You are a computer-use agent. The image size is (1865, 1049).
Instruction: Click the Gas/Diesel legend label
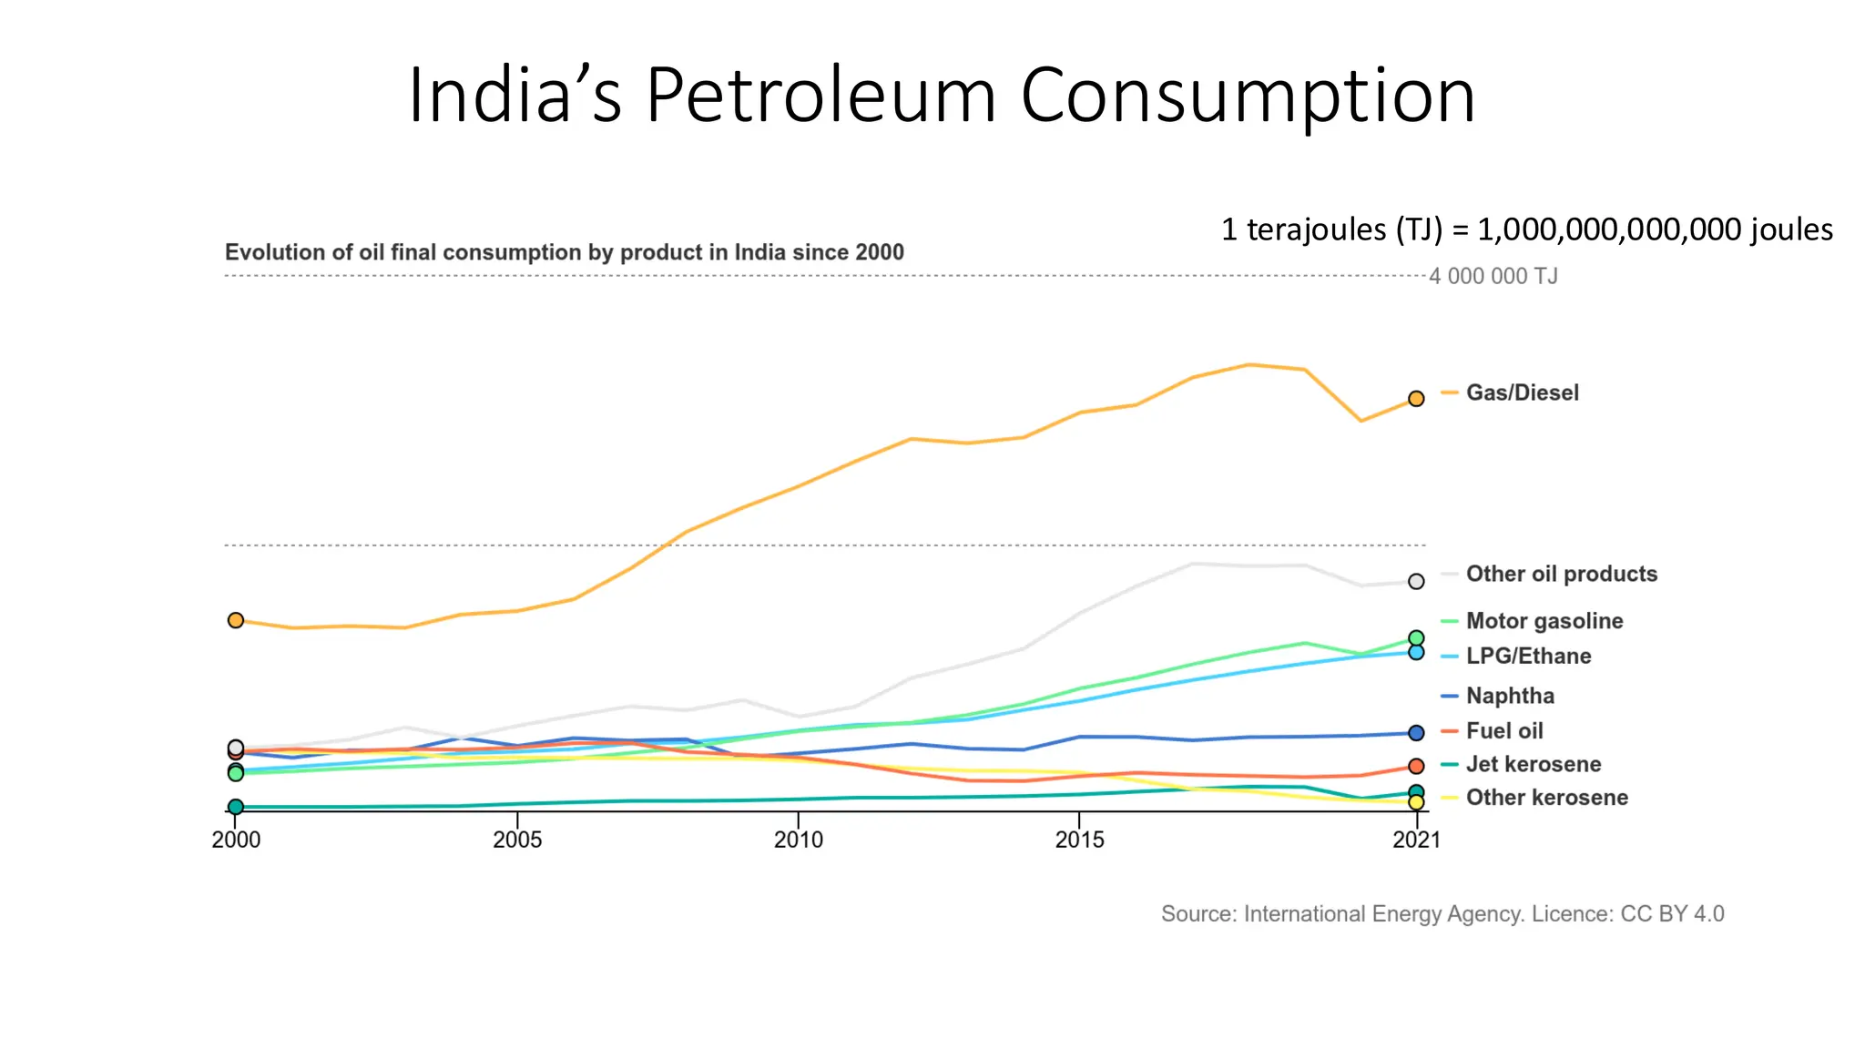tap(1522, 392)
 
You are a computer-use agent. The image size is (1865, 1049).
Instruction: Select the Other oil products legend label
tap(1561, 574)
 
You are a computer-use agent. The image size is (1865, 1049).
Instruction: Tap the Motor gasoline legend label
tap(1544, 621)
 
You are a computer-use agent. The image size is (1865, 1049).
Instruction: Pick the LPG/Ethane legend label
tap(1528, 656)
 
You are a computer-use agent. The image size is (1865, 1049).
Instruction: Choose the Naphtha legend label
tap(1510, 696)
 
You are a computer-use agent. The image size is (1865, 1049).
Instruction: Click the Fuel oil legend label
tap(1504, 730)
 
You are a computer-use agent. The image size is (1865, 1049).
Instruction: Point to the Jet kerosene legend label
tap(1533, 764)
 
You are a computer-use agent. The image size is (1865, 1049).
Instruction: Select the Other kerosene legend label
tap(1546, 797)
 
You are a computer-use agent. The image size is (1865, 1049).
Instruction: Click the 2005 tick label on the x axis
tap(517, 840)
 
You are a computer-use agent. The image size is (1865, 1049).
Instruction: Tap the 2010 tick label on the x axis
tap(799, 840)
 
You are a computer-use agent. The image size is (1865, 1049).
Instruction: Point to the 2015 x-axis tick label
tap(1080, 840)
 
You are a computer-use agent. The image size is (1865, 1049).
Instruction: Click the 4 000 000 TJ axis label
tap(1493, 276)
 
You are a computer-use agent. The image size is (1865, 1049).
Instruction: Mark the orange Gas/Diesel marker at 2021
tap(1416, 399)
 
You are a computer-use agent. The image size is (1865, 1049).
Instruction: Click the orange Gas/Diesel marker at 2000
tap(236, 620)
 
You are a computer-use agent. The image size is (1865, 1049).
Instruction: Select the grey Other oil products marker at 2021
tap(1416, 581)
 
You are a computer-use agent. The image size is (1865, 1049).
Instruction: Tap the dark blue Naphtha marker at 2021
tap(1416, 733)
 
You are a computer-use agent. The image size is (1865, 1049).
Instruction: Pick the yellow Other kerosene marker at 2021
tap(1416, 802)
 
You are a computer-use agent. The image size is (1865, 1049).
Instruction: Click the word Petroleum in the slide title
tap(820, 96)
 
